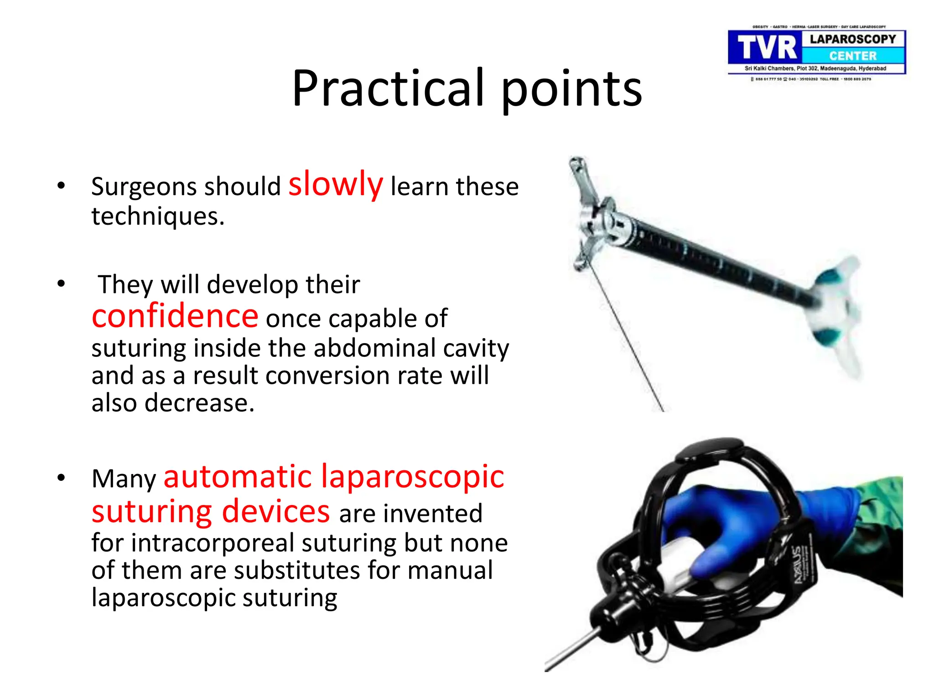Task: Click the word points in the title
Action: click(x=572, y=90)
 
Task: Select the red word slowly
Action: click(x=336, y=184)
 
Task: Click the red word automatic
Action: click(x=238, y=477)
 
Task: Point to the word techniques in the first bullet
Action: click(x=158, y=216)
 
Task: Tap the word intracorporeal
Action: click(x=213, y=543)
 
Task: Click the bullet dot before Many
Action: click(x=61, y=478)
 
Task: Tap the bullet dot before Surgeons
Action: click(x=61, y=185)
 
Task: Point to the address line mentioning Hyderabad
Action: click(x=815, y=68)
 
